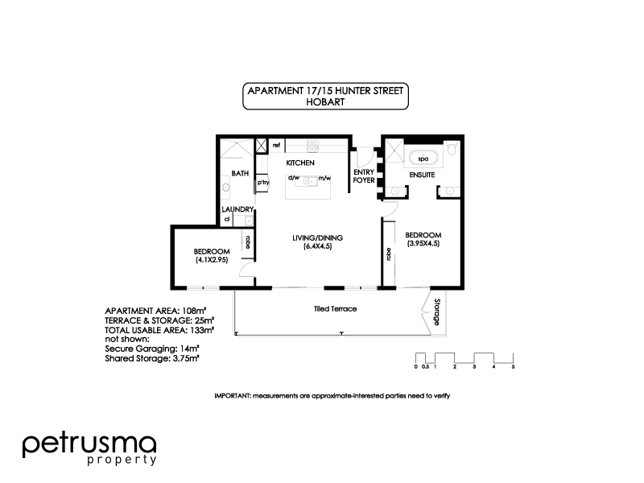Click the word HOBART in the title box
pyautogui.click(x=325, y=102)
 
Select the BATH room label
pyautogui.click(x=240, y=173)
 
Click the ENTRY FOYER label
pyautogui.click(x=364, y=176)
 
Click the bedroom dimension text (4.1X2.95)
pyautogui.click(x=211, y=260)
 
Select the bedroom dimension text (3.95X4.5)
pyautogui.click(x=423, y=243)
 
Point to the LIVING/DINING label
pyautogui.click(x=317, y=237)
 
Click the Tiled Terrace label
pyautogui.click(x=335, y=309)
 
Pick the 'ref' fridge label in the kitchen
pyautogui.click(x=276, y=146)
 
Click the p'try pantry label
pyautogui.click(x=262, y=183)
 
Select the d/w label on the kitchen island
pyautogui.click(x=294, y=177)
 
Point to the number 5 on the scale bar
pyautogui.click(x=513, y=366)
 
